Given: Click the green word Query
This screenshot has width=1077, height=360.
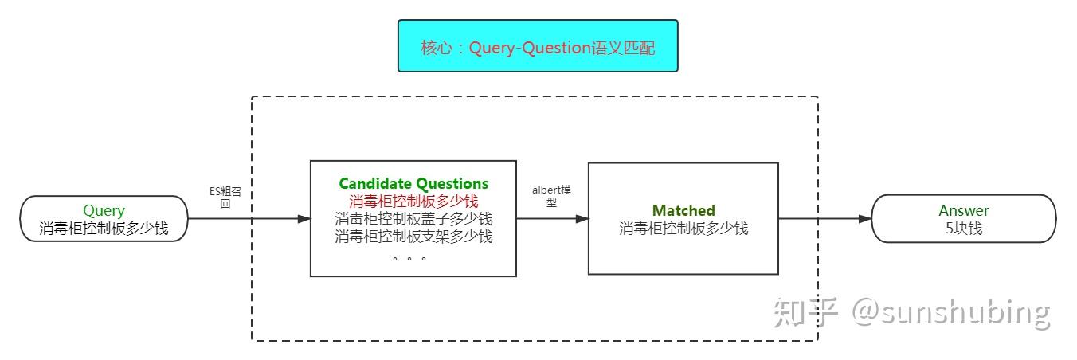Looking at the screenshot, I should [x=104, y=211].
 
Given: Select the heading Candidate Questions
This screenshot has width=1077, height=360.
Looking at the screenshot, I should [x=413, y=184].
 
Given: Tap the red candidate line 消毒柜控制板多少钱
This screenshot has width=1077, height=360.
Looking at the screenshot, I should [x=413, y=202].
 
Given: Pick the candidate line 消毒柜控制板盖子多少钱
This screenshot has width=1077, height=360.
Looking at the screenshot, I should [x=413, y=219].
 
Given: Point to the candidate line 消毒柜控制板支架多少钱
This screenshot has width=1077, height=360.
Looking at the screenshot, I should [x=413, y=237].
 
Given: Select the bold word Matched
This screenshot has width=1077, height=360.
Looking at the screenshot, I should [x=683, y=211].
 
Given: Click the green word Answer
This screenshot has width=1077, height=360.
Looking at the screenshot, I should [x=963, y=211].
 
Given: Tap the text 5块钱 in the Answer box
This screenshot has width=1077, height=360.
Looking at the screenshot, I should [x=963, y=228].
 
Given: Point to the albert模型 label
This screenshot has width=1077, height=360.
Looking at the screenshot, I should [x=552, y=196].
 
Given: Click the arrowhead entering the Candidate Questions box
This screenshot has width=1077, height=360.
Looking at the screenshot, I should [x=304, y=218].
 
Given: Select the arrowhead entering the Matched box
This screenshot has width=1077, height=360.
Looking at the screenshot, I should [x=582, y=218].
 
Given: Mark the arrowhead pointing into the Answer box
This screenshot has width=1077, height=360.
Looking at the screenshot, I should [x=865, y=218].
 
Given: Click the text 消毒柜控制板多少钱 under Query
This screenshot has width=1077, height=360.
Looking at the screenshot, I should [x=104, y=229].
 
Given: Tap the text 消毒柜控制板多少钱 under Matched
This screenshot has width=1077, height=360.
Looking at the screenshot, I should [x=683, y=229].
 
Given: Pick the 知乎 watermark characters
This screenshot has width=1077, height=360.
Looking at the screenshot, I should [x=804, y=312].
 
